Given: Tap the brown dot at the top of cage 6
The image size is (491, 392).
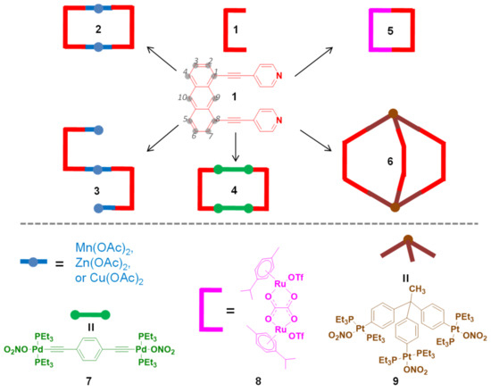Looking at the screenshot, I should [x=404, y=113].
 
